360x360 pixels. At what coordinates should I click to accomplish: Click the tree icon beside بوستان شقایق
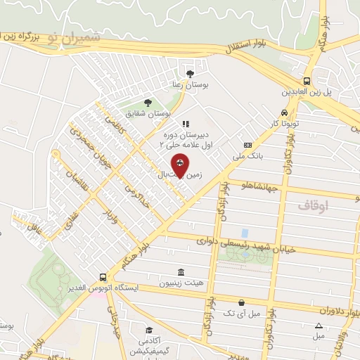click(x=147, y=103)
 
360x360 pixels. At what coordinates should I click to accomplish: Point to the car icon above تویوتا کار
click(x=283, y=112)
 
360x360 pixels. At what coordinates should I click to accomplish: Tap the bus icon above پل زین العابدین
click(x=307, y=81)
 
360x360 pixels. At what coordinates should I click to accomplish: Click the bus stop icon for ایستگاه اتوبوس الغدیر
click(x=103, y=277)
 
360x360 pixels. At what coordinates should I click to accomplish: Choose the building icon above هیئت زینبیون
click(x=181, y=272)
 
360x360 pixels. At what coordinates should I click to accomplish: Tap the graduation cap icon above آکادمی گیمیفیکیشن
click(x=149, y=330)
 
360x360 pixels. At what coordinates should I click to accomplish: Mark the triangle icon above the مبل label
click(x=319, y=326)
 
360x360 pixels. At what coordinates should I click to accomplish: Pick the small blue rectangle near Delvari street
click(x=244, y=232)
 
